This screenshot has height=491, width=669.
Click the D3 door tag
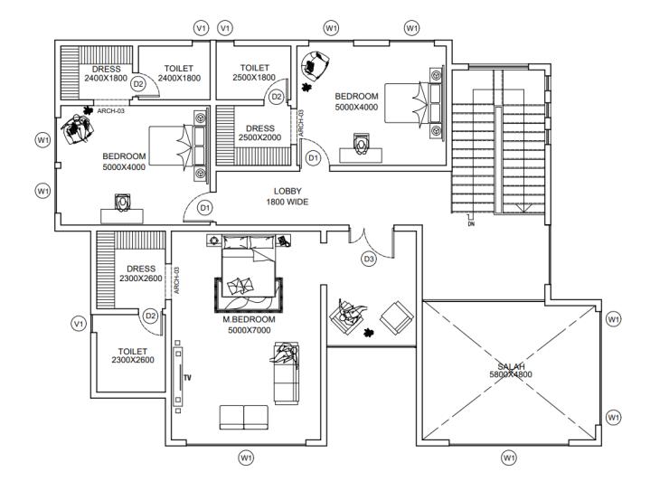369,260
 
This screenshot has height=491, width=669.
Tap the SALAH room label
509,366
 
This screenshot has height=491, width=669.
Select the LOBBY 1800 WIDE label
287,196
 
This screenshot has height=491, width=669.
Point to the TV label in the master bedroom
188,376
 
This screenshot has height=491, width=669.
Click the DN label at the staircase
471,223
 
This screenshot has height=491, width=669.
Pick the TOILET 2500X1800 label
254,72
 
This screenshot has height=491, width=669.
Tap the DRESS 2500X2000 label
259,133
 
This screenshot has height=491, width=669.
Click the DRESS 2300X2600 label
140,273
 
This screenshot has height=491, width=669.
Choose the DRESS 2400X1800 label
106,73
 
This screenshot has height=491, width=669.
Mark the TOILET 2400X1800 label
178,73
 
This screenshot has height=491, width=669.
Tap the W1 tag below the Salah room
509,458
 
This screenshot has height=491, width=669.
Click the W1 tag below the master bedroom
245,458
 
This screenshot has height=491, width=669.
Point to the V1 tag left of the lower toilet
79,324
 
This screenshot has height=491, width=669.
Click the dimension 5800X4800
509,373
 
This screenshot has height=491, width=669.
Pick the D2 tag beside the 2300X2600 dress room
151,316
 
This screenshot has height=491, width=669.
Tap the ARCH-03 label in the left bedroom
110,111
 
